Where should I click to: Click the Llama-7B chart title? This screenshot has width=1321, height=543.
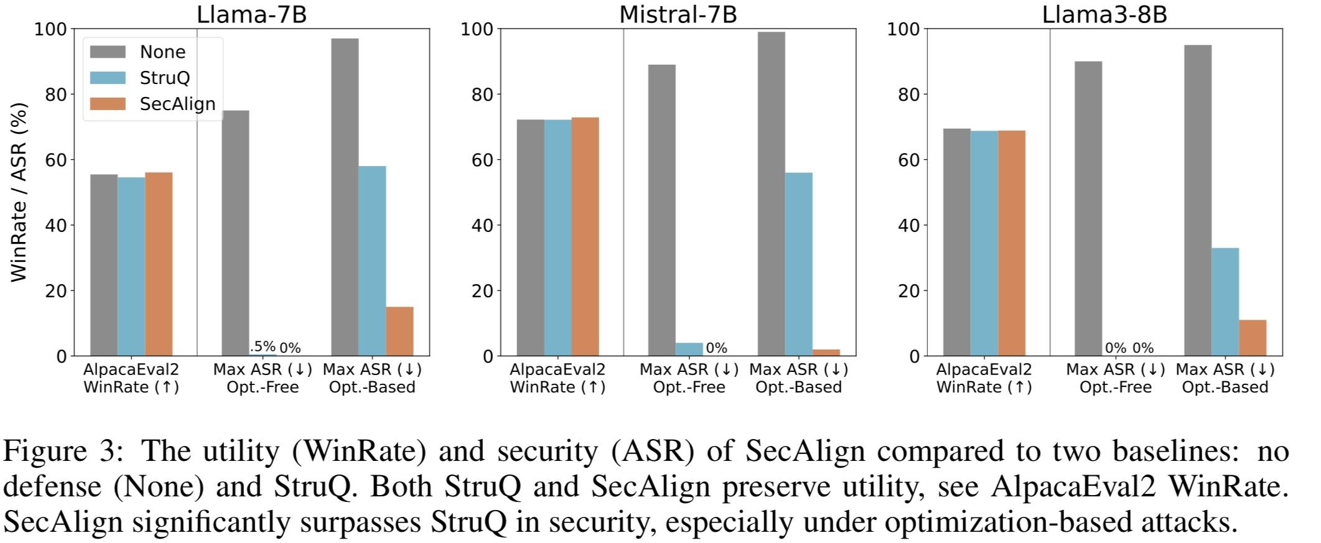(251, 14)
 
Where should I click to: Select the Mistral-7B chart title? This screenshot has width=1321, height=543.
(678, 14)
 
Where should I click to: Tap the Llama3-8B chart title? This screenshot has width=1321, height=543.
(1104, 14)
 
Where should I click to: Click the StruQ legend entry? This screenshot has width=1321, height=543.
(164, 78)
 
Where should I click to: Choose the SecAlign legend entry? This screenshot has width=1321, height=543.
(177, 104)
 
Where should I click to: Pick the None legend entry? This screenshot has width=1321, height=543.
(162, 52)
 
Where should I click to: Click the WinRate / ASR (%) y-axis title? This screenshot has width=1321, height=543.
(19, 192)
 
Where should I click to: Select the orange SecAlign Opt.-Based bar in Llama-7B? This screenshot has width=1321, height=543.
(399, 331)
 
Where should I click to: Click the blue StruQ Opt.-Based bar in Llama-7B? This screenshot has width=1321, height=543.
(372, 261)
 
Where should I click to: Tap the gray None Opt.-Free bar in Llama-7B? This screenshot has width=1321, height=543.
(235, 233)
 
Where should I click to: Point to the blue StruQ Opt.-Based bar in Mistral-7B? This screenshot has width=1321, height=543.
(798, 264)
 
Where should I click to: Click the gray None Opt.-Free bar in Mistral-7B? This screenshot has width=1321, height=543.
(661, 210)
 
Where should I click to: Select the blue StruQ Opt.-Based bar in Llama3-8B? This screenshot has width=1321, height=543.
(1225, 302)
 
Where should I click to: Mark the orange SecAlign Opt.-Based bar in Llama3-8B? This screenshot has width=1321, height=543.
(1252, 338)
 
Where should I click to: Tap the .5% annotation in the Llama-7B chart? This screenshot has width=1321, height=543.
(262, 346)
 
